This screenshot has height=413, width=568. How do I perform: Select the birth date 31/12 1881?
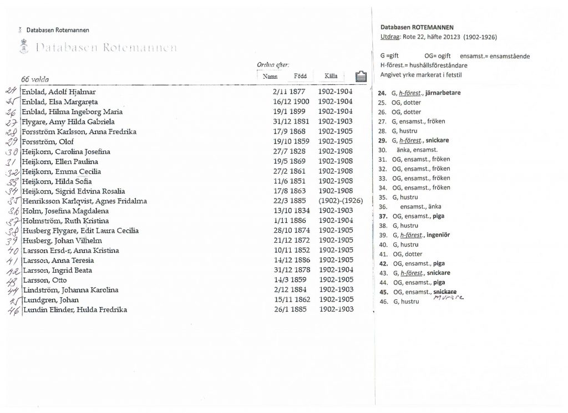pos(287,122)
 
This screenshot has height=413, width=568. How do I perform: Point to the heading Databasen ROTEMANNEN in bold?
pos(417,27)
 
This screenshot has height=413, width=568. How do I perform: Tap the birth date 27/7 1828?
pos(286,151)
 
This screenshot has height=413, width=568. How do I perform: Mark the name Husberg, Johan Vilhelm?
pos(55,241)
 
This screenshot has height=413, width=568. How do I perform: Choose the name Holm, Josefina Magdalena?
pos(60,211)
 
